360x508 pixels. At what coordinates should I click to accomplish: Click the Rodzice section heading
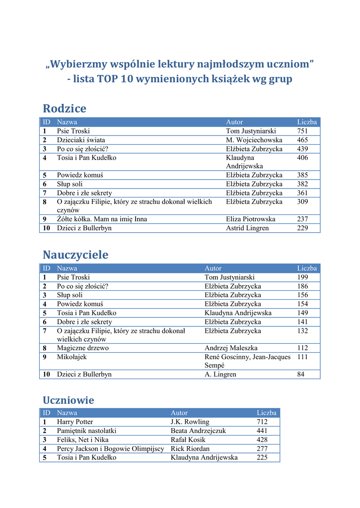coord(65,109)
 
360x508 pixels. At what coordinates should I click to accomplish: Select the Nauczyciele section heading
coord(75,255)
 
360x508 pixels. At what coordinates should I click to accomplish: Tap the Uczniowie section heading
coord(69,400)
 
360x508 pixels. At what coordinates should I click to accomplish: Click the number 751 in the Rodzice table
coord(302,131)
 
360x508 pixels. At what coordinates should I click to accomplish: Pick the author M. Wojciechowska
coord(254,140)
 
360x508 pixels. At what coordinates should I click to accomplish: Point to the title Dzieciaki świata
coord(81,140)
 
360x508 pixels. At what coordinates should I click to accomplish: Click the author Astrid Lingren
coord(247,228)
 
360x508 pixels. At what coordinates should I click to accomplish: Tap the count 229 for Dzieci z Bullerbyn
coord(302,228)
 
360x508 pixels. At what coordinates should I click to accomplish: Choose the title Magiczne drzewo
coord(83,348)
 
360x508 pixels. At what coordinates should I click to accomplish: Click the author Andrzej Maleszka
coord(231,348)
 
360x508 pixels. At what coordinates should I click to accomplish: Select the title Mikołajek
coord(72,357)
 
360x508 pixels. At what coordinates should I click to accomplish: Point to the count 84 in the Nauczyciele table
coord(301,375)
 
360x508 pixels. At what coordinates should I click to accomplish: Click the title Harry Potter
coord(75,422)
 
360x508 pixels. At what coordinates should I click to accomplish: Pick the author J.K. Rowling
coord(190,422)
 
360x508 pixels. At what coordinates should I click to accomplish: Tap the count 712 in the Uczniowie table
coord(262,422)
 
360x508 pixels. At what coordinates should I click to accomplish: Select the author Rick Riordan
coord(190,448)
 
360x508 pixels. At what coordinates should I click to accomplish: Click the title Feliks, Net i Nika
coord(83,440)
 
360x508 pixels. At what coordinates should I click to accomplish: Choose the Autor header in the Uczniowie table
coord(179,413)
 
